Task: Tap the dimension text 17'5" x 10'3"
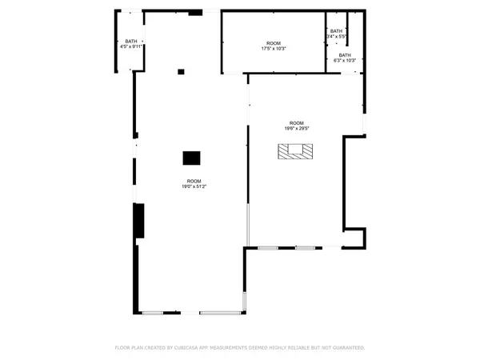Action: tap(274, 49)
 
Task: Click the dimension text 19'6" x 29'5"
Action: tap(296, 128)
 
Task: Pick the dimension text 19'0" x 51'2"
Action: tap(194, 186)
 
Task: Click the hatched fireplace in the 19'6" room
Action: tap(297, 151)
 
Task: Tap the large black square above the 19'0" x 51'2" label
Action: tap(191, 158)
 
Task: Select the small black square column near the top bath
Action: tap(181, 72)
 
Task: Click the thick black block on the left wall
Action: tap(138, 220)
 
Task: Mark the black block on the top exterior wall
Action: tap(195, 13)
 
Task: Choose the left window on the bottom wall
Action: tap(153, 312)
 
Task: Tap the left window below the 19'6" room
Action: tap(267, 248)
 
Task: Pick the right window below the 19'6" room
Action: tap(305, 248)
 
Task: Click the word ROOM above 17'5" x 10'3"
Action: tap(274, 43)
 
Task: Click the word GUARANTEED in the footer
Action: tap(348, 348)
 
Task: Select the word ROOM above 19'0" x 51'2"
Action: tap(194, 181)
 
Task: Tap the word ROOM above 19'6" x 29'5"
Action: tap(296, 122)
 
